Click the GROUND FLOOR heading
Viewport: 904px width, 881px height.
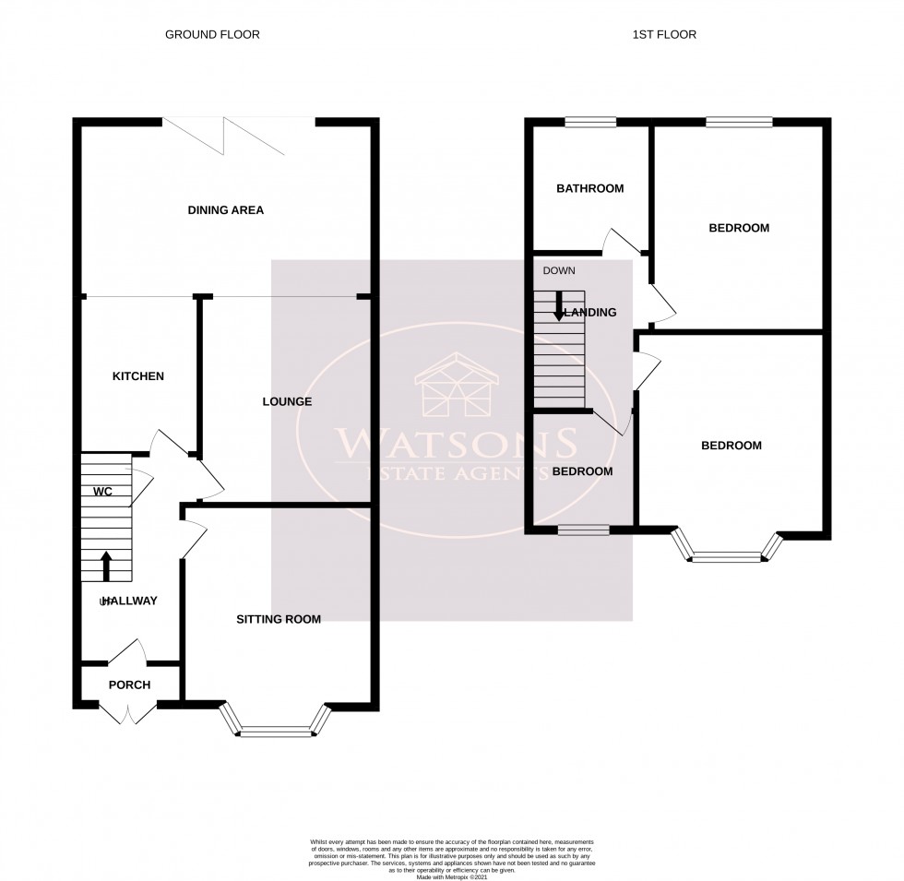pyautogui.click(x=212, y=35)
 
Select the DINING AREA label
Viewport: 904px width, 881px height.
pyautogui.click(x=226, y=210)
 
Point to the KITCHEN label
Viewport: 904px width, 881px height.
pyautogui.click(x=138, y=376)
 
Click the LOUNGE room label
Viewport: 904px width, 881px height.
pyautogui.click(x=287, y=402)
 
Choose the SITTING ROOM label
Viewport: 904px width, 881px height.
pyautogui.click(x=279, y=620)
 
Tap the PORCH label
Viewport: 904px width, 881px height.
pyautogui.click(x=129, y=685)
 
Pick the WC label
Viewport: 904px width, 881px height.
pyautogui.click(x=101, y=492)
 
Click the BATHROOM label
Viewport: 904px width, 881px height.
pyautogui.click(x=589, y=189)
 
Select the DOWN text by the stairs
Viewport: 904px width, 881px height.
pyautogui.click(x=559, y=271)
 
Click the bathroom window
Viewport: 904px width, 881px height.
pyautogui.click(x=591, y=121)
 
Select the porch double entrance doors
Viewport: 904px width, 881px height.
pyautogui.click(x=128, y=712)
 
